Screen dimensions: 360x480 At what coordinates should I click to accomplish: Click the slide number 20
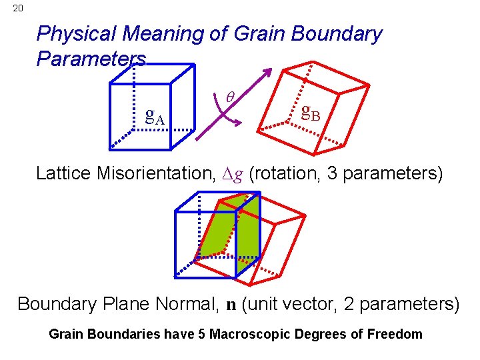17,8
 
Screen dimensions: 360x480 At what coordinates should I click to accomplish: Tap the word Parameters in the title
91,58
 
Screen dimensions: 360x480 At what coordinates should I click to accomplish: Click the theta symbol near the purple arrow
231,97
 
